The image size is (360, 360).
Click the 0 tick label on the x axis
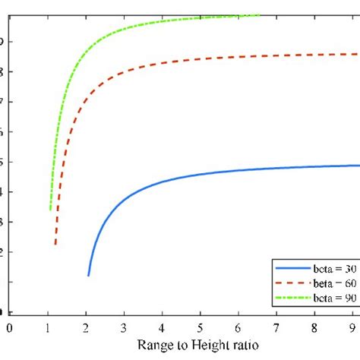[x=10, y=327]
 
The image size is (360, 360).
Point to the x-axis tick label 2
[x=87, y=327]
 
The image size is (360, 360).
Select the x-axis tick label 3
[x=125, y=327]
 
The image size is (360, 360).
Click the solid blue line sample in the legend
[x=292, y=269]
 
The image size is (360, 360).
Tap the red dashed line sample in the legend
[x=292, y=283]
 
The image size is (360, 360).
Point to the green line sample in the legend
[x=292, y=298]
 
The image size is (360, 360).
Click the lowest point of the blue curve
[x=89, y=275]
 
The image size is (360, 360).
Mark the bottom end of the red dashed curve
[x=55, y=245]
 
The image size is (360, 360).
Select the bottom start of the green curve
[x=50, y=209]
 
